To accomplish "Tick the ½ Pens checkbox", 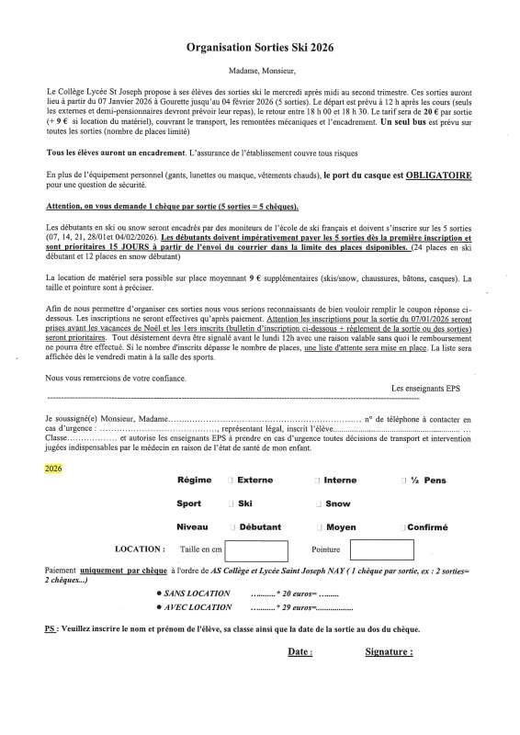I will click(x=402, y=481).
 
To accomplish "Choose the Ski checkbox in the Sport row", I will click(x=231, y=503).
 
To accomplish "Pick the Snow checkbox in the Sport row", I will click(x=318, y=503).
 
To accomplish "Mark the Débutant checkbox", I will click(x=231, y=527).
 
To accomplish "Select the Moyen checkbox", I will click(x=318, y=527).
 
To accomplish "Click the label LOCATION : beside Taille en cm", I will click(x=141, y=549).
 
